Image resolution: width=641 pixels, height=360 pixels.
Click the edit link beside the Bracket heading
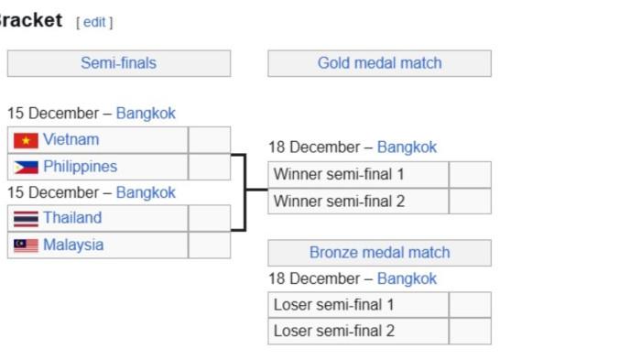[94, 22]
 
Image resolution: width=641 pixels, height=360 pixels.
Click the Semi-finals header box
[119, 63]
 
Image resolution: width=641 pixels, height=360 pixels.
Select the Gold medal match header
[379, 63]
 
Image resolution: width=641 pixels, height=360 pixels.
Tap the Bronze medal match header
[379, 253]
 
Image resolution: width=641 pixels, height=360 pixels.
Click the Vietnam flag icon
[26, 140]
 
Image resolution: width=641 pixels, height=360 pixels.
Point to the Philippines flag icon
[26, 168]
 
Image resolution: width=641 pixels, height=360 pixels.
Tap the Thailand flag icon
[26, 219]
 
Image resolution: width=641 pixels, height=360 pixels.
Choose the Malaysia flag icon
[26, 245]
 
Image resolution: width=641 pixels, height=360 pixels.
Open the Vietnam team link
[71, 140]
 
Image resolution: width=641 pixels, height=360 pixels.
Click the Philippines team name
[80, 167]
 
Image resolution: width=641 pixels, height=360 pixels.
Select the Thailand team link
[72, 218]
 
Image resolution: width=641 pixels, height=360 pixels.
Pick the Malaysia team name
[73, 245]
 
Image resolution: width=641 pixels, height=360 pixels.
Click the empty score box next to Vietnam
[210, 140]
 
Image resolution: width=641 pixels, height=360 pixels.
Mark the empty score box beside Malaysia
[210, 245]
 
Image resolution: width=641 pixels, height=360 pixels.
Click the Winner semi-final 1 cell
[358, 174]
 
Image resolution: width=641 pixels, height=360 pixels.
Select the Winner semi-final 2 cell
[358, 201]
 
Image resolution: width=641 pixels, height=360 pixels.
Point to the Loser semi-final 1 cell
[358, 305]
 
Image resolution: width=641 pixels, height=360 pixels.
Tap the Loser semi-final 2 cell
[358, 331]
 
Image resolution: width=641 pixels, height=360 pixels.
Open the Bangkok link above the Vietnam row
[146, 114]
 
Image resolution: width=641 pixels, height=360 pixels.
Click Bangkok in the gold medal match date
[407, 147]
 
